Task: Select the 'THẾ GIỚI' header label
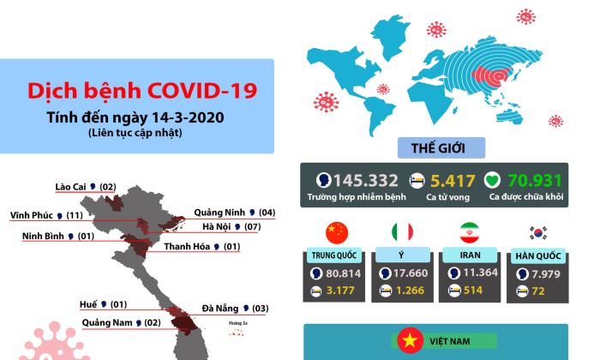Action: pyautogui.click(x=441, y=147)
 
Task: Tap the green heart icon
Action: pyautogui.click(x=492, y=181)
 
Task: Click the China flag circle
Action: pyautogui.click(x=336, y=232)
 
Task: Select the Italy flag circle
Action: pyautogui.click(x=402, y=232)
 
